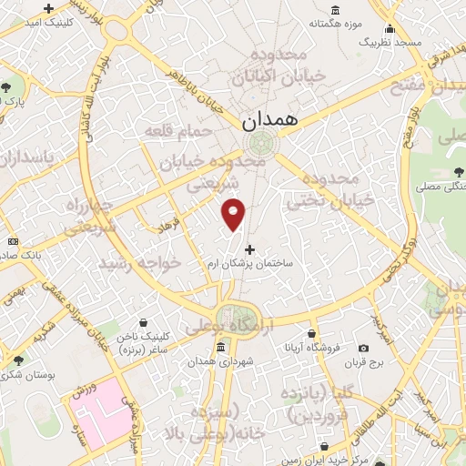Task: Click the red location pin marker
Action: (234, 214)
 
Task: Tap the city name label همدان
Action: (263, 119)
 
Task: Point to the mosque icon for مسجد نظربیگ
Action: (390, 26)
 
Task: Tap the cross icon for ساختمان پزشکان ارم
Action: (251, 248)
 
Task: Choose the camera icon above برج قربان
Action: (364, 348)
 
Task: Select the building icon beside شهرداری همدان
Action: (220, 349)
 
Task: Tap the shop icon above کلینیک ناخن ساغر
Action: (143, 322)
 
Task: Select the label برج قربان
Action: (365, 363)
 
